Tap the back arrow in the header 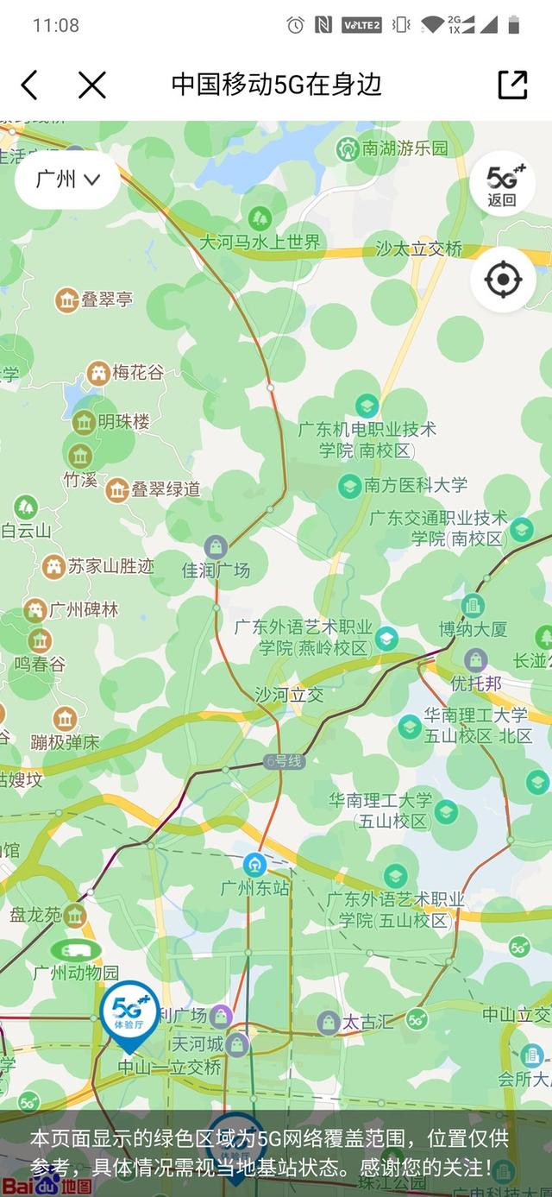29,85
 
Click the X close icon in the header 91,85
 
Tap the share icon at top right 512,85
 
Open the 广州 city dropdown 67,180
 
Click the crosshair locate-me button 503,280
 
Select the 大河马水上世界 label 260,242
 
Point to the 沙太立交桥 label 419,249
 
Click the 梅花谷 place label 137,373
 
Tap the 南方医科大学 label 415,485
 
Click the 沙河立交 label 289,694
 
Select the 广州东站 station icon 254,863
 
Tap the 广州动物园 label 76,973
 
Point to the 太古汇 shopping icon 328,1023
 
